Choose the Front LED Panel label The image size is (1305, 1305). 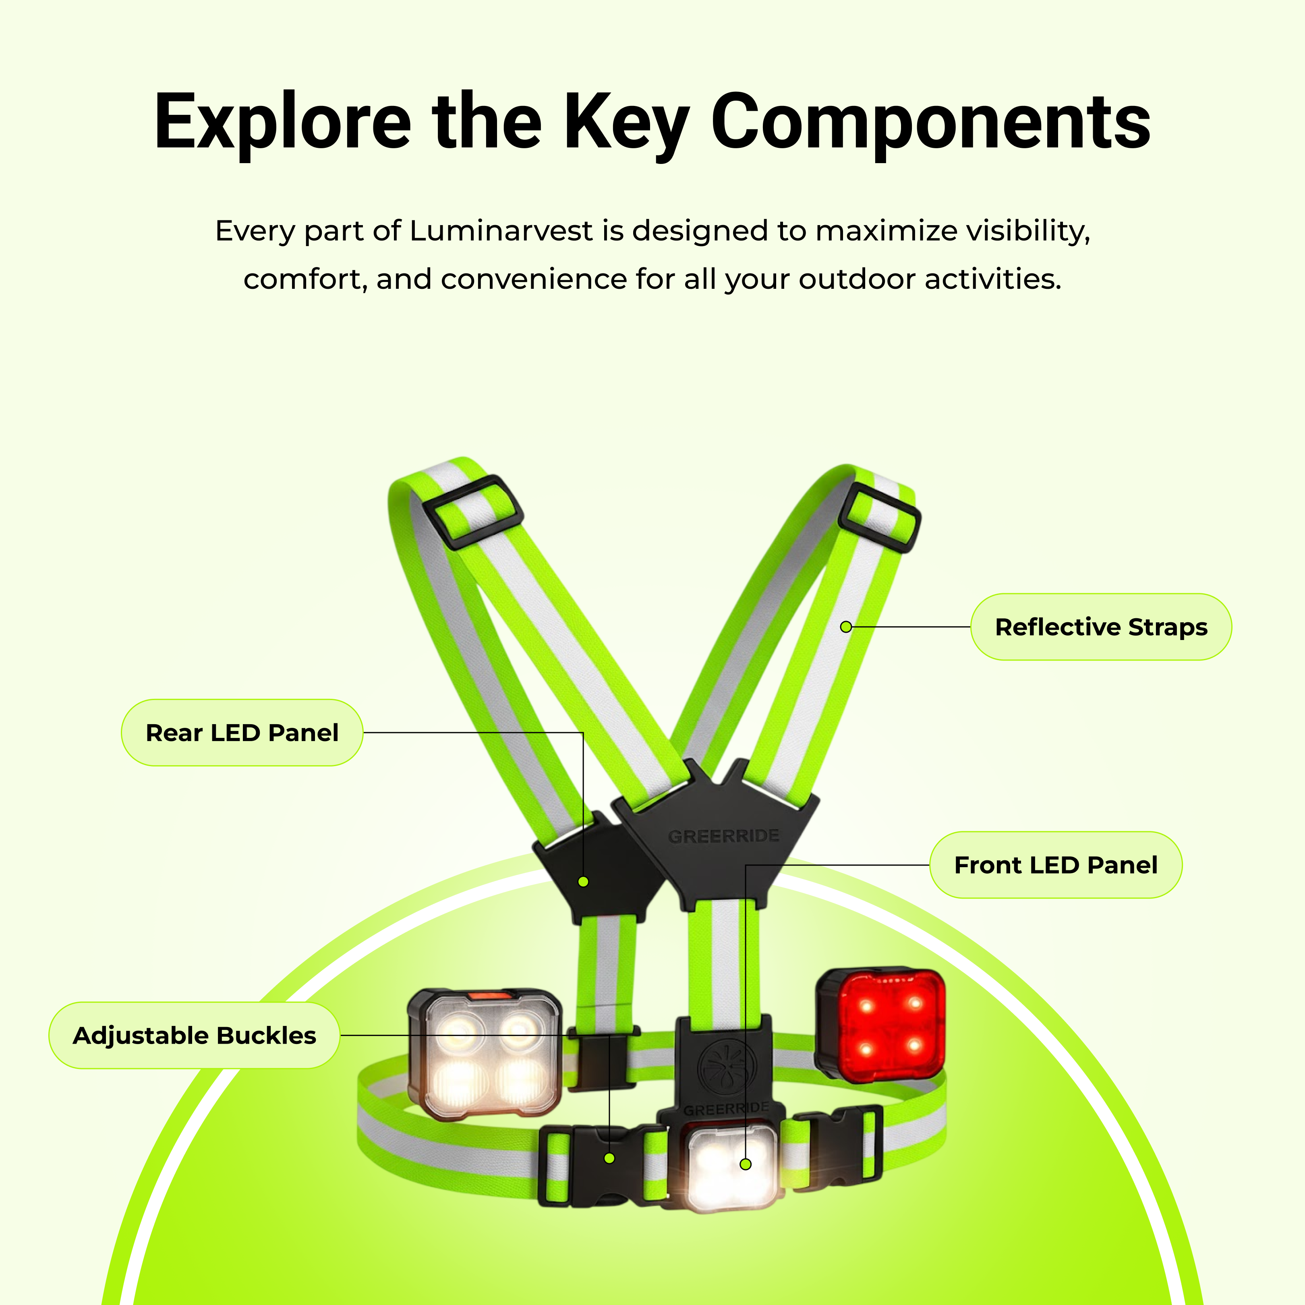coord(1055,865)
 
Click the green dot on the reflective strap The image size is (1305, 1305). coord(845,627)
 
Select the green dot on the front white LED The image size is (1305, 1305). coord(746,1164)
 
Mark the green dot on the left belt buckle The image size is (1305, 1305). coord(609,1158)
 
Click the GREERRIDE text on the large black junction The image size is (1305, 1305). coord(723,836)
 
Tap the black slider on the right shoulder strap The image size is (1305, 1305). coord(879,517)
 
